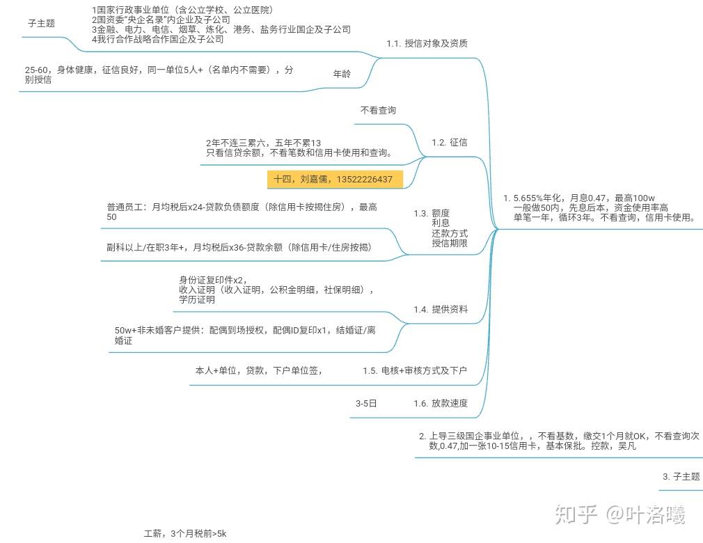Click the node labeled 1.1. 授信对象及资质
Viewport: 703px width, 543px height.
(427, 43)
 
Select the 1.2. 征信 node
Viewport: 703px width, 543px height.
(449, 143)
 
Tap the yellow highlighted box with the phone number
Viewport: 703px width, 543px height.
(335, 180)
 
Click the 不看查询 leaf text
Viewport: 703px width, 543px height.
(378, 110)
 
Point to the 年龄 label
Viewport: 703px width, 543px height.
(342, 74)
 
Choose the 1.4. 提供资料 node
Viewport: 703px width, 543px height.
(441, 309)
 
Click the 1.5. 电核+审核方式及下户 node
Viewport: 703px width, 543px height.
(415, 371)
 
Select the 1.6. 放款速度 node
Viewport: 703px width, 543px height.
(441, 404)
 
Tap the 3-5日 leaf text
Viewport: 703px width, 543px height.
(366, 404)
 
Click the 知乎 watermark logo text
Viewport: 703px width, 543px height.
(576, 514)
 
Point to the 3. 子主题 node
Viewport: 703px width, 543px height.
(681, 477)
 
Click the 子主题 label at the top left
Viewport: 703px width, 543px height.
(41, 23)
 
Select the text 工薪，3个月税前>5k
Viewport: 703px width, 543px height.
(185, 533)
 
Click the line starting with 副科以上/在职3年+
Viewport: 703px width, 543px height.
(239, 248)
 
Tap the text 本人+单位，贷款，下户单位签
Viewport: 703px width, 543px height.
(259, 371)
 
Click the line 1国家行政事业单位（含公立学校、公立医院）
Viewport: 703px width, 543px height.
(182, 10)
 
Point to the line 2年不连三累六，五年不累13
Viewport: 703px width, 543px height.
(264, 143)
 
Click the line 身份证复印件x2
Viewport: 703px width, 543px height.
(213, 281)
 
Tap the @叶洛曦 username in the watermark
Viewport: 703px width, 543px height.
(646, 514)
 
